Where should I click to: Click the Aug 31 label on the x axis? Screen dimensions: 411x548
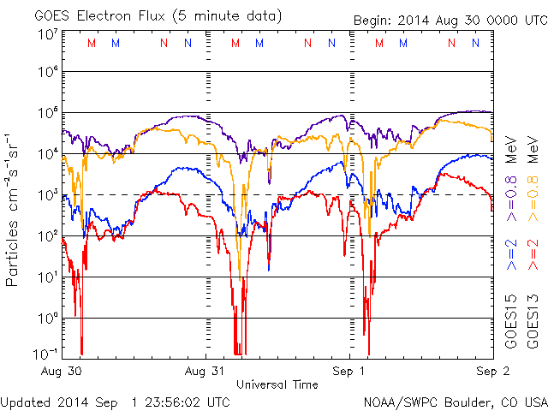(207, 372)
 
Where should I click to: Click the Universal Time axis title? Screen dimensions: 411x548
(277, 384)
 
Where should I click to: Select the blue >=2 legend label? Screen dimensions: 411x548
(511, 256)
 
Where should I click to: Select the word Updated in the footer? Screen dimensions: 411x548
(28, 402)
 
